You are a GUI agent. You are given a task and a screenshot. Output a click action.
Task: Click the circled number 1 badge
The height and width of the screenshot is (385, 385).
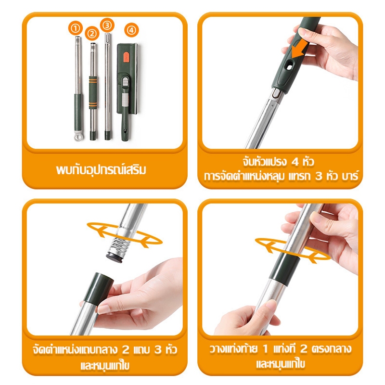click(76, 28)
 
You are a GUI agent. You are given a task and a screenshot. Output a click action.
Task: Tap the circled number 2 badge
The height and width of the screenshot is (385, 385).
click(92, 33)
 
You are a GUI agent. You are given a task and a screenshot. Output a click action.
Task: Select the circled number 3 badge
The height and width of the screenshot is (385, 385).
click(107, 25)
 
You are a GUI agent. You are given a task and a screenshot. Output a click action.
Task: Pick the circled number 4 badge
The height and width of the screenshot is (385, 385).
click(131, 30)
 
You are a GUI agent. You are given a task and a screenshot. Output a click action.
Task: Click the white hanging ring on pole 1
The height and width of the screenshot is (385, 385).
click(78, 136)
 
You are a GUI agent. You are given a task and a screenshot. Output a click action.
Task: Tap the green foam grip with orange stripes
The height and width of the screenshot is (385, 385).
click(93, 92)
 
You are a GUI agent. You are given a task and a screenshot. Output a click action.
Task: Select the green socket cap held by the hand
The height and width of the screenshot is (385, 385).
click(99, 289)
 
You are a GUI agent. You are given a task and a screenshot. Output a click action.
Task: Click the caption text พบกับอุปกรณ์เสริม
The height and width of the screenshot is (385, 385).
click(101, 170)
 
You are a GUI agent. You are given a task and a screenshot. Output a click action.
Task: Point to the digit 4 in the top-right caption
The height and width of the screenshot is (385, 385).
click(295, 162)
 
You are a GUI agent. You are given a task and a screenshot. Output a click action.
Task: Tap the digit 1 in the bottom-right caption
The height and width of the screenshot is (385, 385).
click(266, 348)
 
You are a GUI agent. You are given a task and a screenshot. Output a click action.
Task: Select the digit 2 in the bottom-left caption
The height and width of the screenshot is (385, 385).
click(126, 349)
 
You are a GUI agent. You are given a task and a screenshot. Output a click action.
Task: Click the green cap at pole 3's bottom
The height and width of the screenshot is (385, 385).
click(108, 135)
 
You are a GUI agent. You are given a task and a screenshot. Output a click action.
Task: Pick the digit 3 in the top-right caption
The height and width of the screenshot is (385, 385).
click(319, 176)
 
